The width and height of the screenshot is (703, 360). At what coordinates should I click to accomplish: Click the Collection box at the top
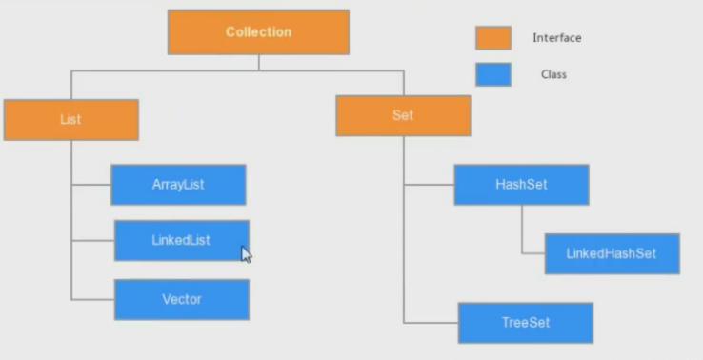point(258,32)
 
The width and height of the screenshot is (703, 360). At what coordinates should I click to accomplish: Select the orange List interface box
point(70,120)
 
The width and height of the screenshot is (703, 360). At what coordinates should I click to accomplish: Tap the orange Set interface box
point(403,115)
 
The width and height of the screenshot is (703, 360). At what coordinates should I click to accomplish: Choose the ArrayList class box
point(178,185)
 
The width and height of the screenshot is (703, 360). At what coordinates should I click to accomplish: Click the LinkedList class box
point(181,240)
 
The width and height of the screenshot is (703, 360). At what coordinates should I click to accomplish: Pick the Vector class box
point(181,299)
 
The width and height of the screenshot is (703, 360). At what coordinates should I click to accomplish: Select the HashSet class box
point(521,185)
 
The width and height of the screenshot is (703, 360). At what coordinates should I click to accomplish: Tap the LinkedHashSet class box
point(612,254)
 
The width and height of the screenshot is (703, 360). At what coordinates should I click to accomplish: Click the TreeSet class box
point(525,323)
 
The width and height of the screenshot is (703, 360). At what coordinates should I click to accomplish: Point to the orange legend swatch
point(493,38)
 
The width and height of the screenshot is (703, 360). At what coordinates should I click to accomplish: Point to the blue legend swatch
point(493,74)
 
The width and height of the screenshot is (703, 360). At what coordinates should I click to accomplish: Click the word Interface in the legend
point(556,38)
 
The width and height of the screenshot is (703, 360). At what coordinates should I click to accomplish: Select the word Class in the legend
point(553,74)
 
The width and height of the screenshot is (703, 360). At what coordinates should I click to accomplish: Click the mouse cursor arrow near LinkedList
point(246,254)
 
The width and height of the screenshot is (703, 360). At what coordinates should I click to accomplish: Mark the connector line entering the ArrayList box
point(91,185)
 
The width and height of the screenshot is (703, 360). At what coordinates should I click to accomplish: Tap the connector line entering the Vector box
point(92,299)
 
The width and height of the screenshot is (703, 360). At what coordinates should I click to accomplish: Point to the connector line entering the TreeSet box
point(431,323)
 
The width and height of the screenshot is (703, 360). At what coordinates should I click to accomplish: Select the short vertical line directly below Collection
point(258,62)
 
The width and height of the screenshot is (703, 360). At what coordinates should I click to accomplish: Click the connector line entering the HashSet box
point(429,185)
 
